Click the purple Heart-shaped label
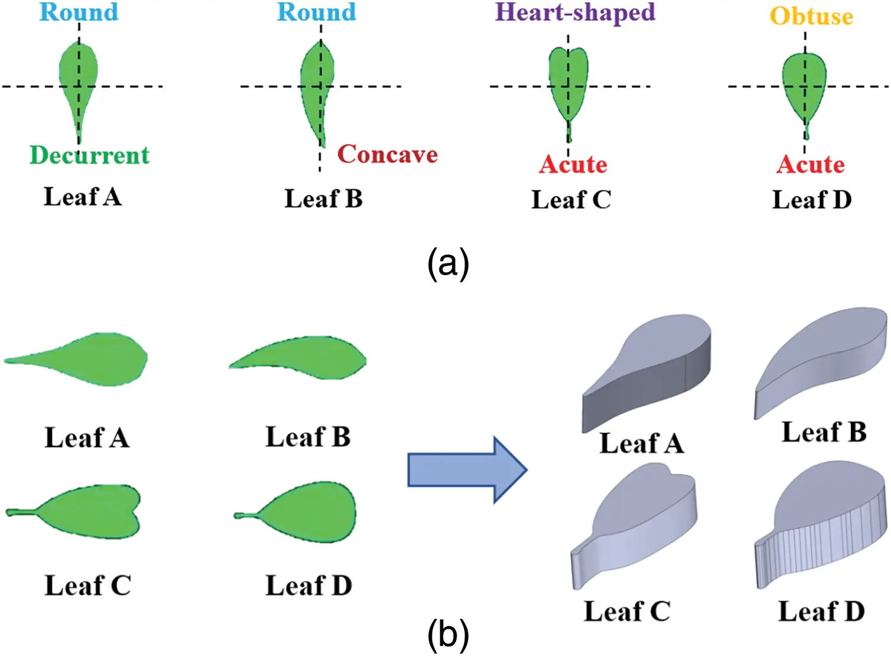coord(575,13)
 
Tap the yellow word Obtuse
coord(812,17)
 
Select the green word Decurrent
coord(89,155)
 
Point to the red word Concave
coord(388,154)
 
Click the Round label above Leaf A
coord(79,12)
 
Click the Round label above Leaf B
coord(317,12)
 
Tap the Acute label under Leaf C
coord(573,164)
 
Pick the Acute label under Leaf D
coord(811,164)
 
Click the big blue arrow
coord(467,470)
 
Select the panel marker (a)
coord(448,263)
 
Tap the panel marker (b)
coord(448,635)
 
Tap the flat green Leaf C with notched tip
coord(89,512)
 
